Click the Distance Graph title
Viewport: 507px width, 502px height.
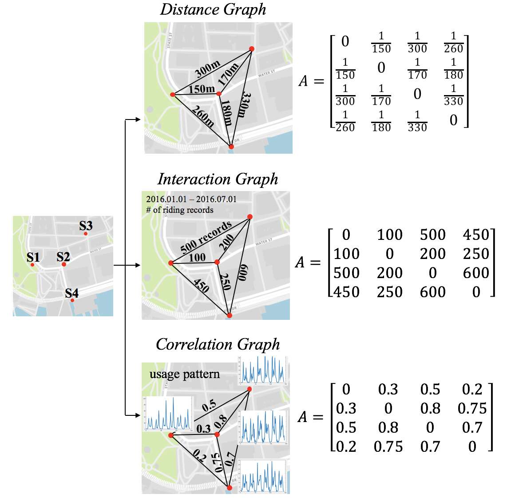coord(213,9)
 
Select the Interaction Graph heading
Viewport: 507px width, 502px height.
coord(218,179)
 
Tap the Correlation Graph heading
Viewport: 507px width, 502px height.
coord(218,344)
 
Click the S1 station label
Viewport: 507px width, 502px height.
coord(33,257)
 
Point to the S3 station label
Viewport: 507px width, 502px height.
coord(86,226)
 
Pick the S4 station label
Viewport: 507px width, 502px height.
coord(71,293)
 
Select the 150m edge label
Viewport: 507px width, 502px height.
coord(202,89)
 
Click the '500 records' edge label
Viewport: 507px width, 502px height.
coord(206,237)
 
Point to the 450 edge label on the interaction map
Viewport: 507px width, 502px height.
coord(201,285)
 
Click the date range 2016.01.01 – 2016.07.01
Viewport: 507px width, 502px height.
coord(191,199)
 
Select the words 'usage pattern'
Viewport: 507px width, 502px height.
coord(184,374)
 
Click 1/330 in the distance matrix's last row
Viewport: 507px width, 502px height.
coord(417,121)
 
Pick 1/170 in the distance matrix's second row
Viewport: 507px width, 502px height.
coord(417,68)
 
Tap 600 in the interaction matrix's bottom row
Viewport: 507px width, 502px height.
coord(433,292)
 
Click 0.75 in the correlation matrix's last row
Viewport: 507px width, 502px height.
coord(388,446)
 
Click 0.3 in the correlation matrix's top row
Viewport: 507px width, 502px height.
coord(388,390)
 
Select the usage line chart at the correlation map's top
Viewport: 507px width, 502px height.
coord(263,371)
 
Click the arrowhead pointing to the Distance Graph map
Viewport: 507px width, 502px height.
coord(139,120)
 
